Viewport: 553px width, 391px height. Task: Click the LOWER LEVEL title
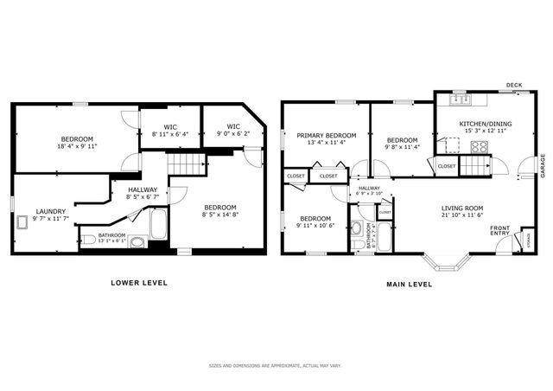[x=138, y=283]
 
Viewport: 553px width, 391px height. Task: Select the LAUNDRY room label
[x=50, y=210]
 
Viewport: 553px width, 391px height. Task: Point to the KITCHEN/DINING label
[x=485, y=124]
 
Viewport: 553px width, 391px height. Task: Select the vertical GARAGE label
[x=543, y=165]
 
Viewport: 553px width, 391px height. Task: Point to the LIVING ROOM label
[x=462, y=208]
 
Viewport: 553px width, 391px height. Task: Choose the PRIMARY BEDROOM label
[x=327, y=135]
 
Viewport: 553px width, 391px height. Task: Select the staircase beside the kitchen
[x=474, y=163]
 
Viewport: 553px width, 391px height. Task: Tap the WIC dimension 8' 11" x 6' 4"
[x=169, y=134]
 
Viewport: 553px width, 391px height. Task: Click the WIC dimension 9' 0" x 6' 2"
[x=232, y=134]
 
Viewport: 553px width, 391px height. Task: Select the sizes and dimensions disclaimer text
[x=276, y=366]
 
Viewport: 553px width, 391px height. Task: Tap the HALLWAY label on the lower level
[x=143, y=189]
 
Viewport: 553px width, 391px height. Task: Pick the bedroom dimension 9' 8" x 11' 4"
[x=402, y=147]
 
